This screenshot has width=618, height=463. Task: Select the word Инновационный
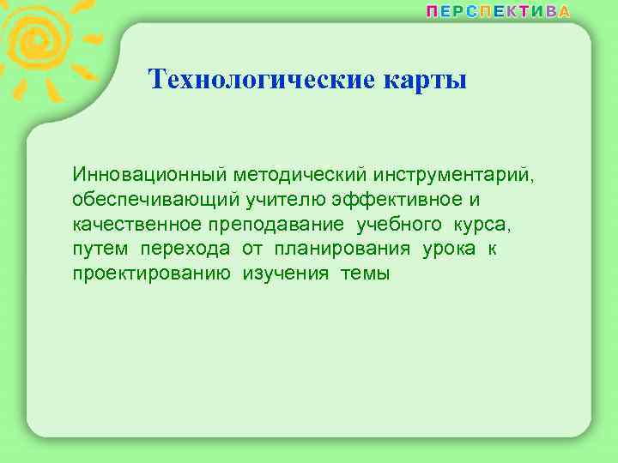click(x=148, y=175)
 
